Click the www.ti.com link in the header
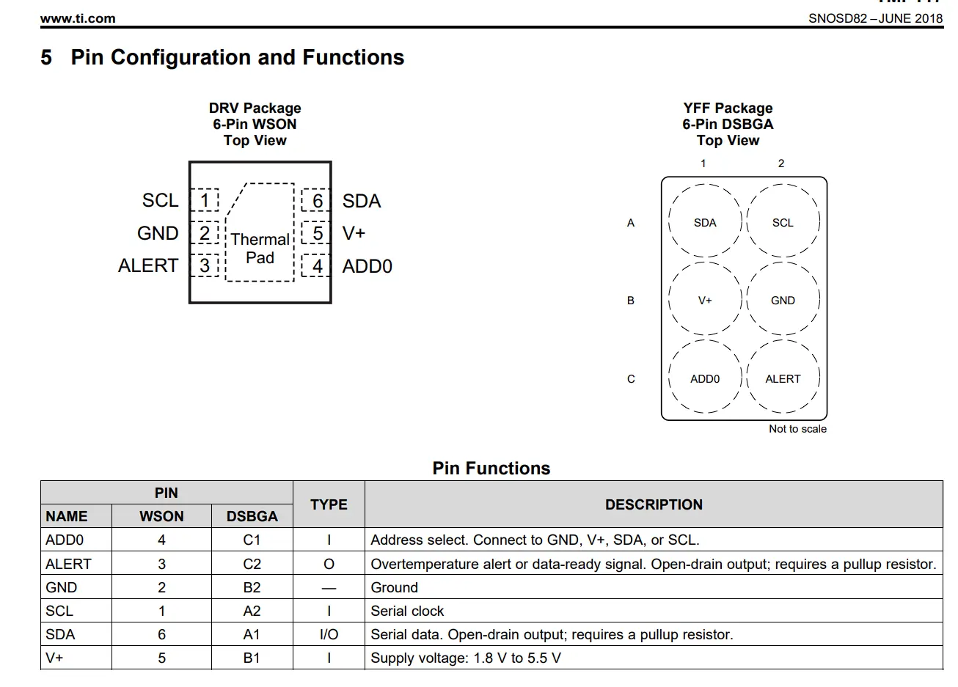pyautogui.click(x=78, y=18)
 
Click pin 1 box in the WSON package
pyautogui.click(x=205, y=200)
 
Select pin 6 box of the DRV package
pyautogui.click(x=315, y=200)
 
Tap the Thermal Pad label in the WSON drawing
pyautogui.click(x=260, y=249)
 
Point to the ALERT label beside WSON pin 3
pyautogui.click(x=148, y=265)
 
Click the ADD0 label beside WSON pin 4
pyautogui.click(x=367, y=266)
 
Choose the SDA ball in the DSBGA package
pyautogui.click(x=705, y=221)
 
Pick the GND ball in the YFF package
pyautogui.click(x=783, y=298)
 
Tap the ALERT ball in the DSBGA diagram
pyautogui.click(x=783, y=377)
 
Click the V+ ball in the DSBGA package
pyautogui.click(x=705, y=298)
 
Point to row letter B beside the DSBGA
pyautogui.click(x=630, y=301)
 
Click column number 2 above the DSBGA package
pyautogui.click(x=781, y=164)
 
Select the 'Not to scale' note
pyautogui.click(x=797, y=429)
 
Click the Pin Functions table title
pyautogui.click(x=491, y=468)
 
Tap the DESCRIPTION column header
pyautogui.click(x=654, y=504)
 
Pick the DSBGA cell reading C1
pyautogui.click(x=252, y=540)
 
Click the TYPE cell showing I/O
pyautogui.click(x=329, y=634)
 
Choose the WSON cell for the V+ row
pyautogui.click(x=161, y=658)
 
